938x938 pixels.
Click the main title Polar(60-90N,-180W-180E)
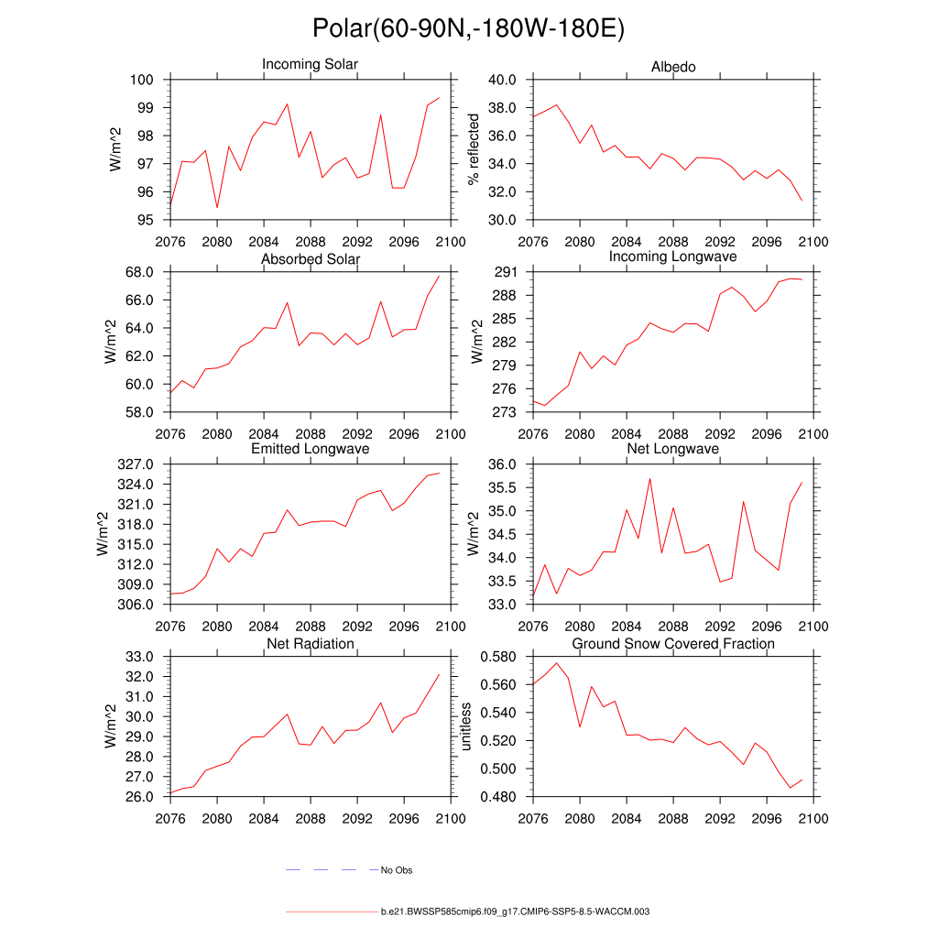[468, 29]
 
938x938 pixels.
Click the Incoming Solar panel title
[310, 65]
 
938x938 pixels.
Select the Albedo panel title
[673, 67]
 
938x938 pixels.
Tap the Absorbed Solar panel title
[311, 259]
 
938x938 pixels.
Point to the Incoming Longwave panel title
[673, 256]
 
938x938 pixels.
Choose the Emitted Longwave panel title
[311, 449]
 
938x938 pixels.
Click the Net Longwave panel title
[673, 449]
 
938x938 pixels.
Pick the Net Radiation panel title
[311, 644]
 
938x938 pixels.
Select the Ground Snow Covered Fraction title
[673, 644]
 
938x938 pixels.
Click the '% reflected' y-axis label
[474, 149]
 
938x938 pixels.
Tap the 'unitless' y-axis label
[465, 726]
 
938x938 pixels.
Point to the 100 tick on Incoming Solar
[144, 80]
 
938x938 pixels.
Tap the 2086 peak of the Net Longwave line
[650, 478]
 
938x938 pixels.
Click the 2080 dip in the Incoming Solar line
[217, 208]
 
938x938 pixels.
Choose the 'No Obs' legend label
[397, 870]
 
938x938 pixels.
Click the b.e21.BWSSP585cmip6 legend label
[515, 912]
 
